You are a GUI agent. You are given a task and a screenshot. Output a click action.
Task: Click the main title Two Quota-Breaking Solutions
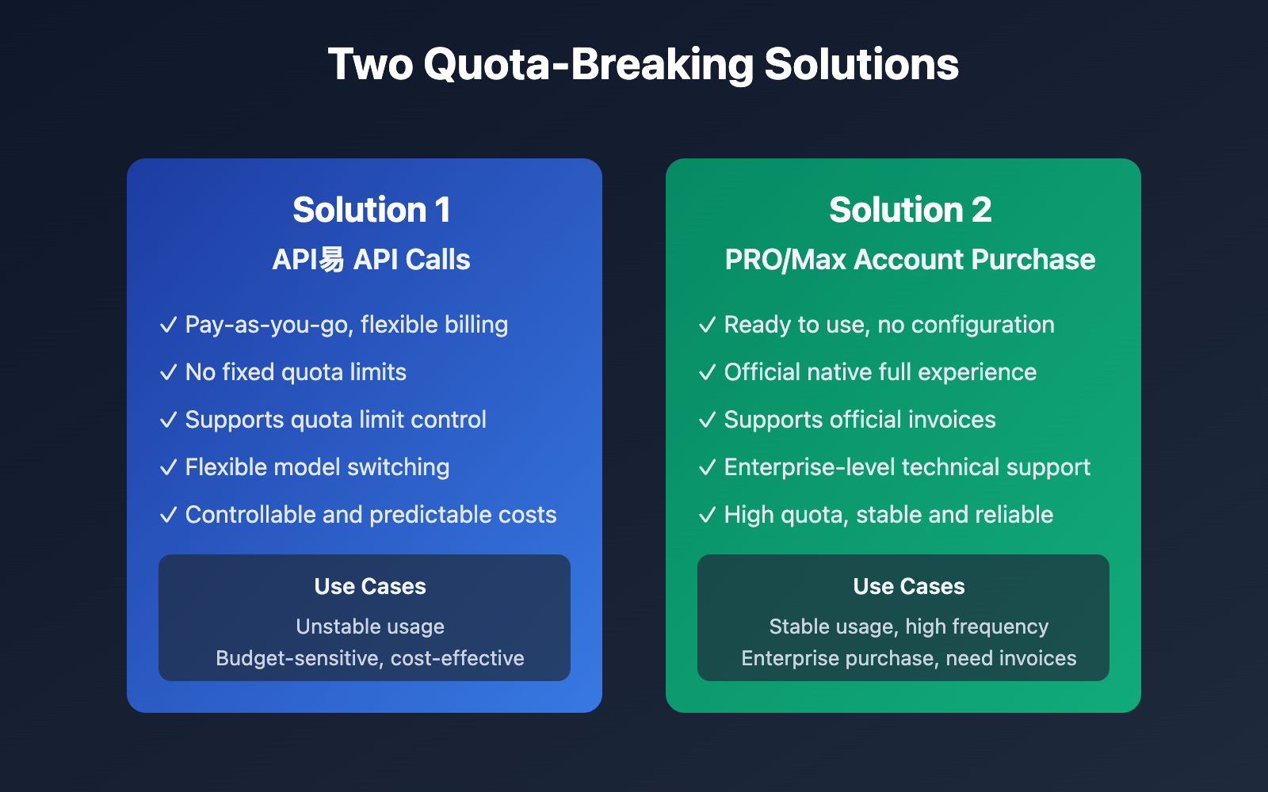(643, 64)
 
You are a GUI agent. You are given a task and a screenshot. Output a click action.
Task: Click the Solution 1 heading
(371, 210)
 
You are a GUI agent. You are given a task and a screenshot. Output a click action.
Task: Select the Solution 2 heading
(910, 210)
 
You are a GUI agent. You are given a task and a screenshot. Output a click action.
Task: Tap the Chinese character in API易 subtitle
(332, 259)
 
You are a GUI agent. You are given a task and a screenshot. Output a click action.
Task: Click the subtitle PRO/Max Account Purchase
(910, 260)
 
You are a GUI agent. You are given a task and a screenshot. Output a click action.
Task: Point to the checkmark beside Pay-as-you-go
(168, 325)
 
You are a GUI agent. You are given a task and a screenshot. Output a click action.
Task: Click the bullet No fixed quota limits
(296, 372)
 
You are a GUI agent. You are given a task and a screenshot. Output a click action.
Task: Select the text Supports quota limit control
(335, 420)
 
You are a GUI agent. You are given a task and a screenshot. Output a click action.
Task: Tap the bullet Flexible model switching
(317, 467)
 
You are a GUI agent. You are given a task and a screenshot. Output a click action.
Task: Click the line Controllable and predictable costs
(371, 515)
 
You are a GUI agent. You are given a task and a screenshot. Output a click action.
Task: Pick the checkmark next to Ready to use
(707, 325)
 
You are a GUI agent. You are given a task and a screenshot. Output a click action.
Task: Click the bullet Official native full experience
(880, 372)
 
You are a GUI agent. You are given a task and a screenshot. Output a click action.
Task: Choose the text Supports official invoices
(860, 420)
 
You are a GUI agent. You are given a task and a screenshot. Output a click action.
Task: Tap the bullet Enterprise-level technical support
(907, 467)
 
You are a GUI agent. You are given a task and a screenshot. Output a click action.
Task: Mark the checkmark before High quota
(707, 515)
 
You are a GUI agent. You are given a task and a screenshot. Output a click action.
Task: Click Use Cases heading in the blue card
(370, 586)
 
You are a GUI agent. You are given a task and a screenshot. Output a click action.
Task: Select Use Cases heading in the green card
(909, 586)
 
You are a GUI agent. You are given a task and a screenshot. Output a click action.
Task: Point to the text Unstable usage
(370, 626)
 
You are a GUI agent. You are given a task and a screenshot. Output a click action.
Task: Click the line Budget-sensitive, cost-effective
(370, 658)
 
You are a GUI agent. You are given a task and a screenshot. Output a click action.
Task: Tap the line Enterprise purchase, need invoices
(909, 658)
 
